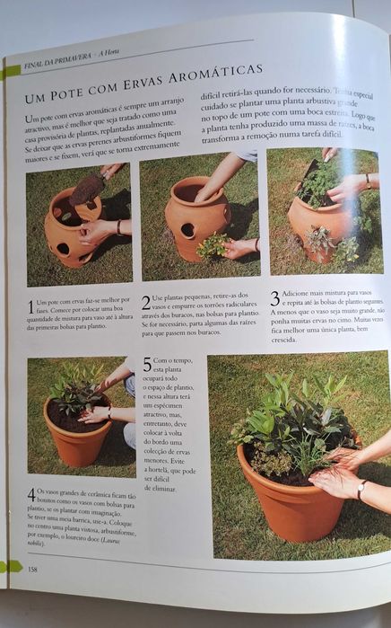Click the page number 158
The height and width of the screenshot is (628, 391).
click(x=32, y=569)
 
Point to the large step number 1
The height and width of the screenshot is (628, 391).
click(x=30, y=305)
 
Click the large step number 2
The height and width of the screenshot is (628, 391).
click(x=146, y=301)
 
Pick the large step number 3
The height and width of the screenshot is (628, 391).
click(x=274, y=297)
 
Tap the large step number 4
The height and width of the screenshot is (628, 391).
click(x=31, y=494)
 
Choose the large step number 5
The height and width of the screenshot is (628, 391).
click(x=147, y=365)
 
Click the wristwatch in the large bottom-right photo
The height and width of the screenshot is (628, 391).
click(x=361, y=491)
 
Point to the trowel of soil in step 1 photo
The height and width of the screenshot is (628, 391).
click(x=87, y=190)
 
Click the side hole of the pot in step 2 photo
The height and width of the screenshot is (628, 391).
click(x=187, y=230)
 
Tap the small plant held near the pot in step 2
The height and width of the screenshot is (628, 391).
click(x=212, y=244)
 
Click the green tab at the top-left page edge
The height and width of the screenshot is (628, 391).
click(x=11, y=70)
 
